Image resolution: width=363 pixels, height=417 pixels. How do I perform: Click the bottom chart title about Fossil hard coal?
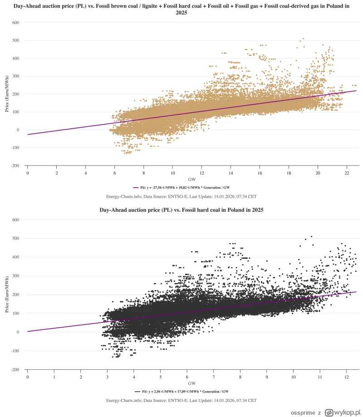(181, 210)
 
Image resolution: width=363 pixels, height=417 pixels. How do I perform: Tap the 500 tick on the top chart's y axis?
(15, 40)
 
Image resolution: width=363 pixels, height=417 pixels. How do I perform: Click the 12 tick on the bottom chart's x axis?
(346, 377)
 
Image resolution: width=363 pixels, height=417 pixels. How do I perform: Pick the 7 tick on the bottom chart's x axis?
(213, 377)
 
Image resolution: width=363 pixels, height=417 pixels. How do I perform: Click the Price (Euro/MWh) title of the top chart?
(7, 94)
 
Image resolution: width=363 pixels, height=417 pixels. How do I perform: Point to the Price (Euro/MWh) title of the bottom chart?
(7, 295)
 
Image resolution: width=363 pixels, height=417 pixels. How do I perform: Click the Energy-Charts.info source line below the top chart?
(181, 196)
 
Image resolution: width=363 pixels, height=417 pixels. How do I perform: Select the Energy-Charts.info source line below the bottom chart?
(181, 400)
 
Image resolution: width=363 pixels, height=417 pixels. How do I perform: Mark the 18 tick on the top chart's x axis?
(288, 173)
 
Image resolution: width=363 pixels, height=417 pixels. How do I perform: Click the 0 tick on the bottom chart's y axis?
(18, 332)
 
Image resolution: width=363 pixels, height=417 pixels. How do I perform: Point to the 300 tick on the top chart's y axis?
(15, 76)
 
